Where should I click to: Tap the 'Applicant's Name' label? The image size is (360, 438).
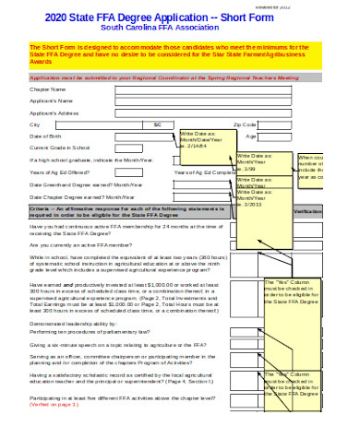[x=52, y=101]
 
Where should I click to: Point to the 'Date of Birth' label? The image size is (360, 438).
[x=48, y=136]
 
